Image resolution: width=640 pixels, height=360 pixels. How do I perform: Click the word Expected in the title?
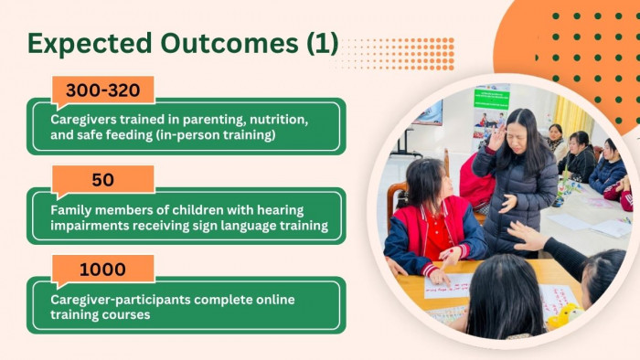click(90, 44)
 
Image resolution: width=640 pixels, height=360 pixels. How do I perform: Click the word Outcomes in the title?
click(229, 43)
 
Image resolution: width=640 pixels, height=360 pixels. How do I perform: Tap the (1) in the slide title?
click(323, 44)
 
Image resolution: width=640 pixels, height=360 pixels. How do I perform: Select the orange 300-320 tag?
click(102, 90)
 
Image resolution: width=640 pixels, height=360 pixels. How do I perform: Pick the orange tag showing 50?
click(102, 180)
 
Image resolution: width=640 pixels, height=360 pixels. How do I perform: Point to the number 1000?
click(102, 270)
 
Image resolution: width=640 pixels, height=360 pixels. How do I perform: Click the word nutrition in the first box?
click(278, 120)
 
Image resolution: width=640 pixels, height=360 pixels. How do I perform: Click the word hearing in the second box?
click(280, 210)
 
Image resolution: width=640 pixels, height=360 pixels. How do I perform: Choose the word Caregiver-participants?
click(121, 300)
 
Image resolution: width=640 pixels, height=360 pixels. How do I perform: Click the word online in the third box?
click(275, 300)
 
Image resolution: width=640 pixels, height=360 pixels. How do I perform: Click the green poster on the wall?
click(492, 100)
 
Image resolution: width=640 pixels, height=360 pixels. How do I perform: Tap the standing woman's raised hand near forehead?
click(496, 137)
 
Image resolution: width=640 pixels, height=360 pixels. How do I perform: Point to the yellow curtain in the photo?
click(571, 117)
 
